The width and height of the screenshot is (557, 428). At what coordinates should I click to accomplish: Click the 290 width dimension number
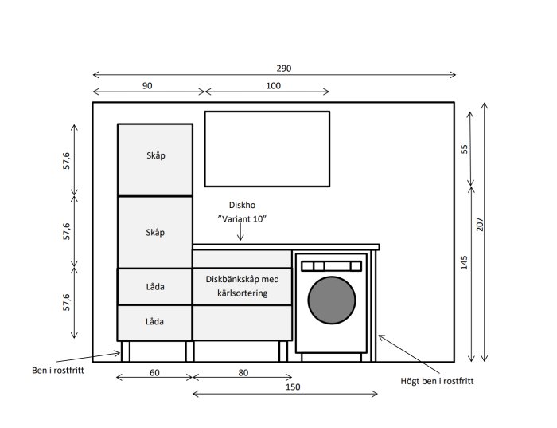coord(284,69)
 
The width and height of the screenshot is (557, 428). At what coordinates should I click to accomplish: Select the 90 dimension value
coord(147,86)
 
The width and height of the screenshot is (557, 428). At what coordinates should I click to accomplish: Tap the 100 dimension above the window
coord(273,86)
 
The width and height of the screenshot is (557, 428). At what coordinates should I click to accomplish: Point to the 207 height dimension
coord(480,224)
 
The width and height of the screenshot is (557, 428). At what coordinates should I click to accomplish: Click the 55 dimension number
coord(464,149)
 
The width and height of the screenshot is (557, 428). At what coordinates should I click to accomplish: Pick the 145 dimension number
coord(464,262)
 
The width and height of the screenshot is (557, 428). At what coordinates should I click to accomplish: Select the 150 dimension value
coord(293,387)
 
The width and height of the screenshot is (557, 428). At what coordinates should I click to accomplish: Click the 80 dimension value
coord(243,373)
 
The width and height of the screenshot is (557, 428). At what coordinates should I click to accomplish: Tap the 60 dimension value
coord(154,373)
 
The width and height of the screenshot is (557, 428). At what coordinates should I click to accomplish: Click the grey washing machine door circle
coord(332,300)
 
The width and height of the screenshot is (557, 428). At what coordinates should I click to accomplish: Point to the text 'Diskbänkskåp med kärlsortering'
coord(242,286)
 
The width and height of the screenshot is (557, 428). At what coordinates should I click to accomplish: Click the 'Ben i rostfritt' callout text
coord(58,371)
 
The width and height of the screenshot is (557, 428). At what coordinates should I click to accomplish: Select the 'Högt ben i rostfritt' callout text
coord(437,381)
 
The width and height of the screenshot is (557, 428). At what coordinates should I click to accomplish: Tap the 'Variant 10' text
coord(242,219)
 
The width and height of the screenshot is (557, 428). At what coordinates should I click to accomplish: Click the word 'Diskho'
coord(242,206)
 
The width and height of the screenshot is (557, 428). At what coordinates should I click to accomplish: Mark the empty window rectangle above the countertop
coord(267,149)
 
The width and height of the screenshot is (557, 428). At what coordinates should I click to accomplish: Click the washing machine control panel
coord(332,266)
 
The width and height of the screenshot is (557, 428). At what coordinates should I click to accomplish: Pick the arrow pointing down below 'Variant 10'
coord(240,232)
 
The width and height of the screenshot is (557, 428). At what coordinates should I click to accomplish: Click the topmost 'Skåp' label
coord(156,156)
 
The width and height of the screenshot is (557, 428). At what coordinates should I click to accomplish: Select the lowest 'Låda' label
coord(154,322)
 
